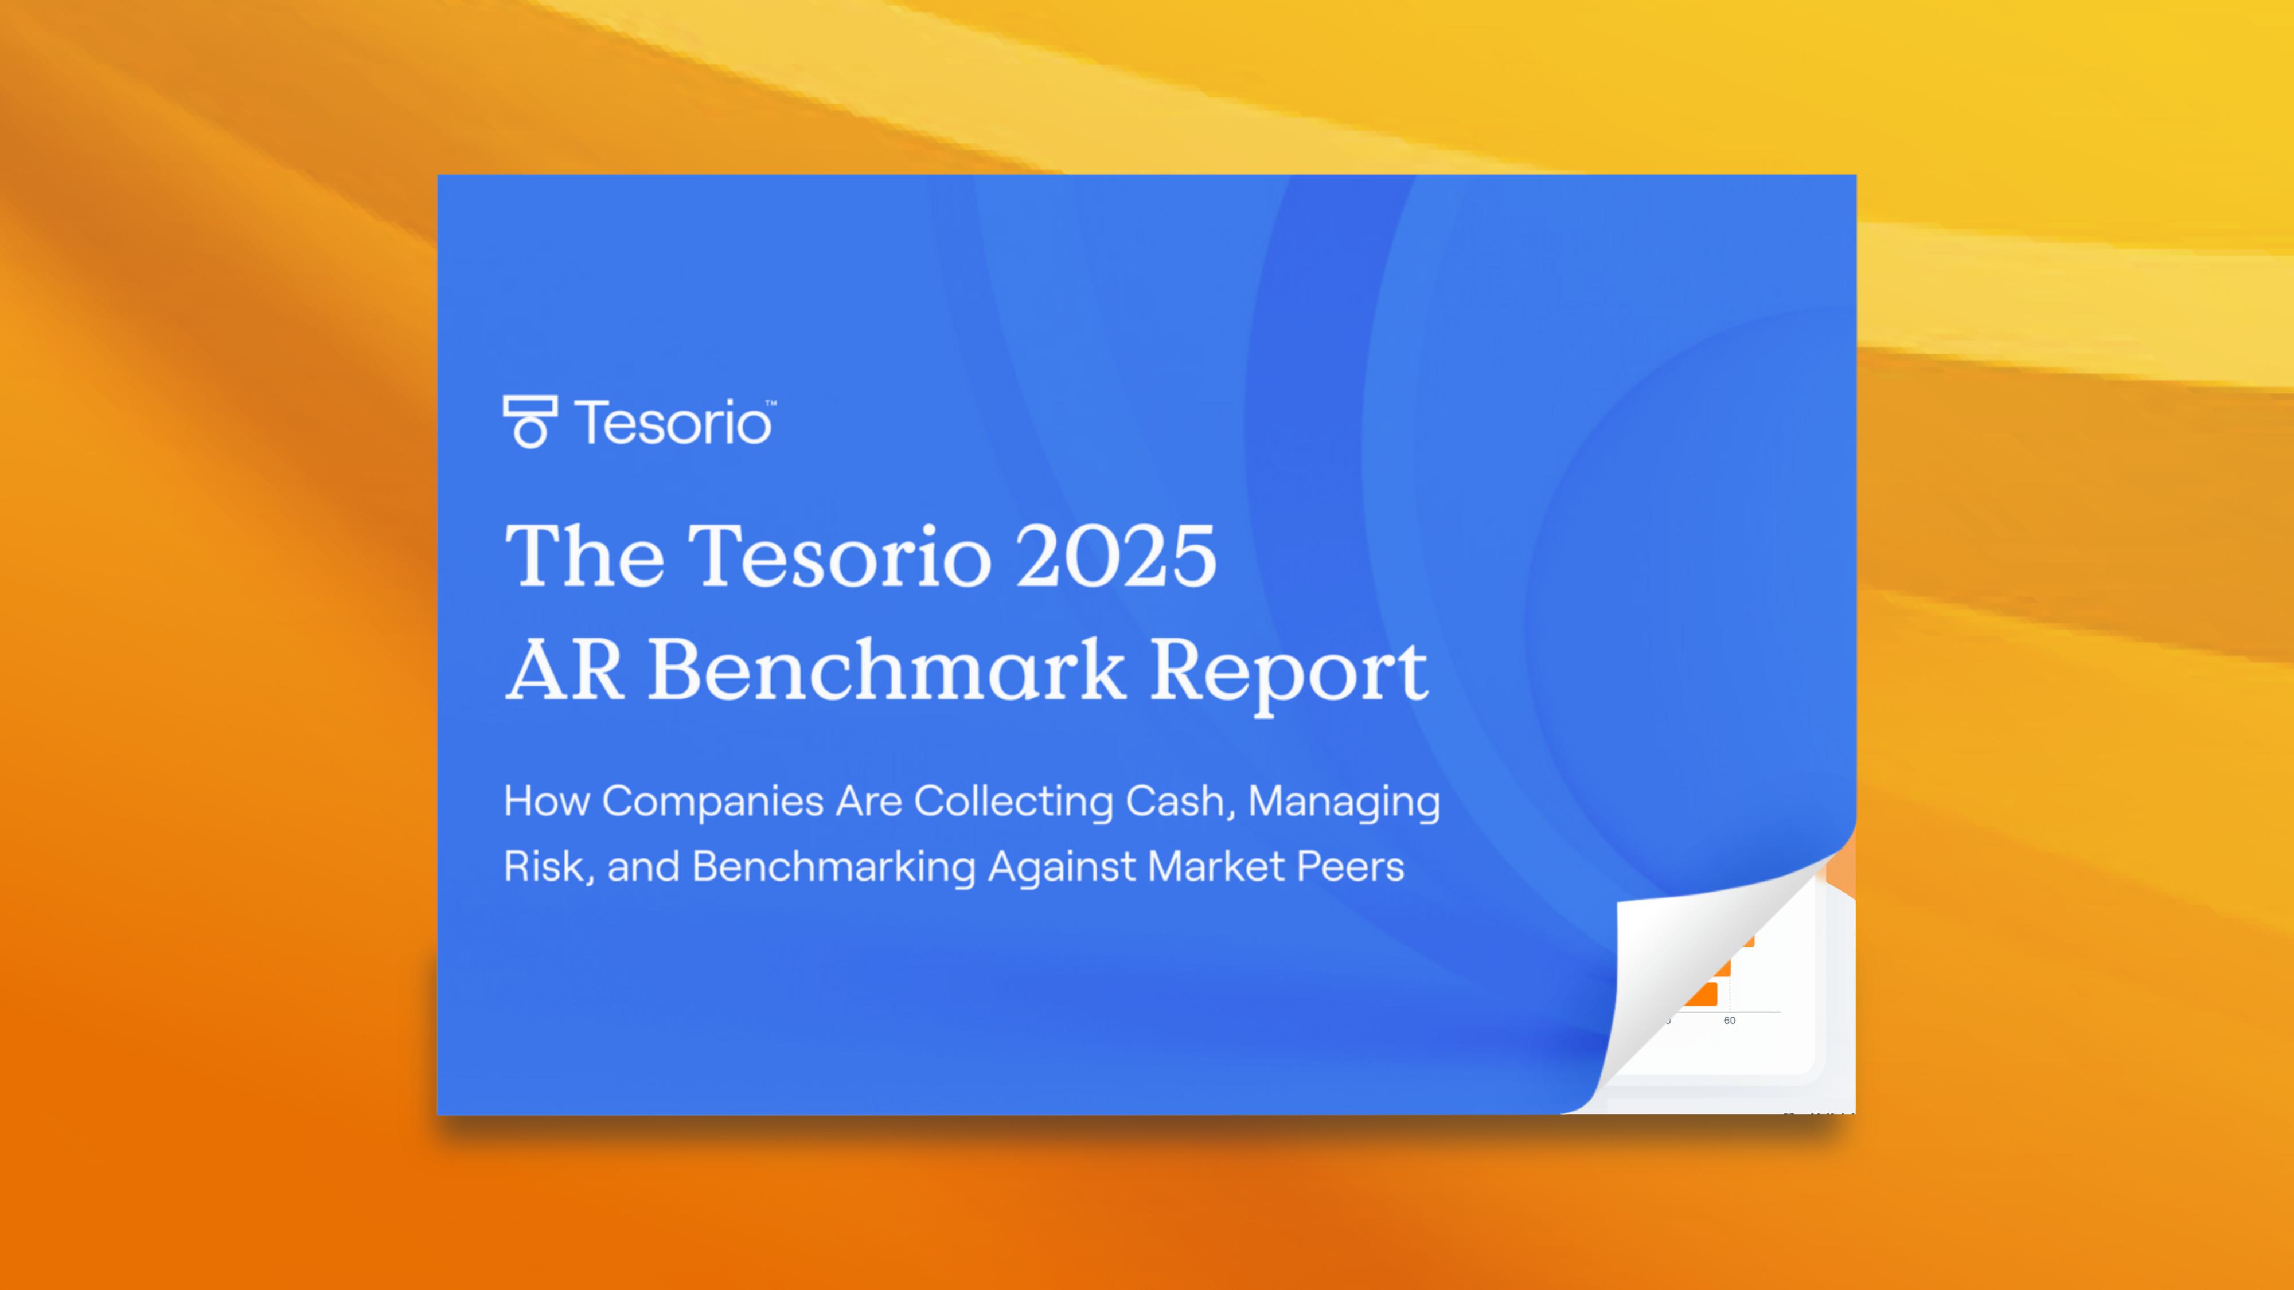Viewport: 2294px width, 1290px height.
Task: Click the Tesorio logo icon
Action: click(530, 422)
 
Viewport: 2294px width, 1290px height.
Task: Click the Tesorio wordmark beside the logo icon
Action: click(672, 423)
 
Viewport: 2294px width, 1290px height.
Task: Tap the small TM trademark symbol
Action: click(771, 403)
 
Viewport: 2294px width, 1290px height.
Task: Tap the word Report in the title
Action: click(1289, 672)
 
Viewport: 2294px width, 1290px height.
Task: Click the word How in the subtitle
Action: click(546, 802)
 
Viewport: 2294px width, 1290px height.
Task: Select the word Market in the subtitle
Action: click(1216, 866)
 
